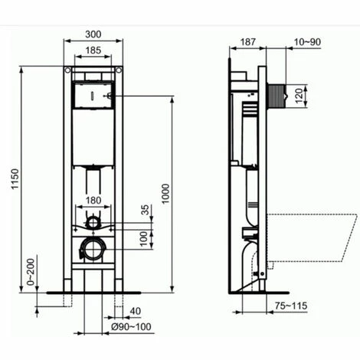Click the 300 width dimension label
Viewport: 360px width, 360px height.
93,34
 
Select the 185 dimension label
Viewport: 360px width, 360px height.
93,51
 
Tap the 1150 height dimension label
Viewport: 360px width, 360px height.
15,178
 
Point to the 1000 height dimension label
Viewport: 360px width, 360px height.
165,194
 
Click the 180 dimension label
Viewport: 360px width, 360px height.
93,201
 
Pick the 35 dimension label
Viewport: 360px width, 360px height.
145,210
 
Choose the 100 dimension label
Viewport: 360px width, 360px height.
144,239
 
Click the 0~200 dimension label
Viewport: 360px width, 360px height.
31,272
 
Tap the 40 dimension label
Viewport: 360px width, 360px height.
136,311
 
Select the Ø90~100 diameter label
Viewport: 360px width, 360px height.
131,326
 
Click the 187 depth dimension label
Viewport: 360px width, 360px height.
247,42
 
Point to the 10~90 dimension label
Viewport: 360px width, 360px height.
307,42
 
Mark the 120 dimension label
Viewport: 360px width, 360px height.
300,96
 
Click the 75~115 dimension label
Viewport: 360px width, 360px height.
291,306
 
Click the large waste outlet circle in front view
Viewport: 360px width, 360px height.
93,250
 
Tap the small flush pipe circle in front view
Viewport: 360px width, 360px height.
93,222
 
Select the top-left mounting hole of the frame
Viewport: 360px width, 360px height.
67,70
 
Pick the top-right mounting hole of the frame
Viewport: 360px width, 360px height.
119,70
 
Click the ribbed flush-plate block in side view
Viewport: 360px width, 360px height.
276,96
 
